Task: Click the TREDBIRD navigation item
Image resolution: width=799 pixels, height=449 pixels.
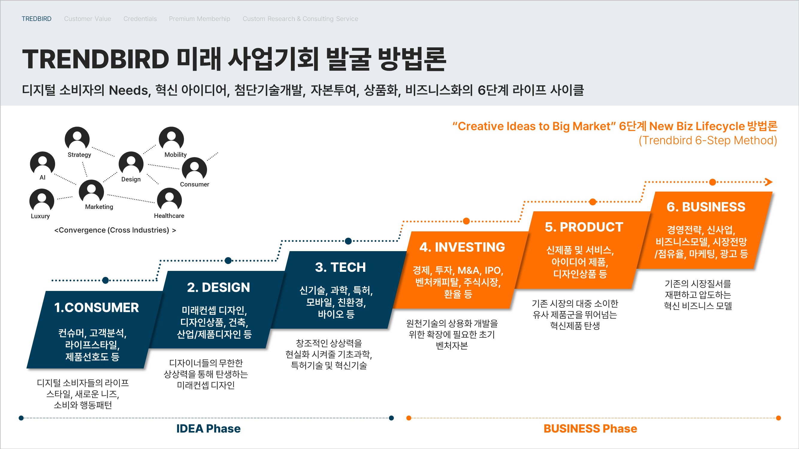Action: (37, 19)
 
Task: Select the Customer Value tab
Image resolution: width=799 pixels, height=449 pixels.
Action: (87, 19)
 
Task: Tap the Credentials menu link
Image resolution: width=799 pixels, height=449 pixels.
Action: (140, 19)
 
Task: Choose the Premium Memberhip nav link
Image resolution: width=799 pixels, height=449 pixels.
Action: (200, 19)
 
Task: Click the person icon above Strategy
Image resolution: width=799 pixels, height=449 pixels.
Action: (77, 139)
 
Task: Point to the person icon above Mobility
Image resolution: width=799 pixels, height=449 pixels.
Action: (171, 139)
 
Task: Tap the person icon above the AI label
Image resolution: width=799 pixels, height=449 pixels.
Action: (43, 163)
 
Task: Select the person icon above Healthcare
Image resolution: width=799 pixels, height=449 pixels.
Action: (169, 200)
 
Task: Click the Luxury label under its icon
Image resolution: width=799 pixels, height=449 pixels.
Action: (40, 216)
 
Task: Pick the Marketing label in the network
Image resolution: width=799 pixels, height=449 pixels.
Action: (99, 207)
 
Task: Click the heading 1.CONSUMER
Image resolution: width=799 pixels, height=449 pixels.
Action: (96, 307)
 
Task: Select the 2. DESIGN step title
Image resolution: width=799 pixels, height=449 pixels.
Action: (218, 287)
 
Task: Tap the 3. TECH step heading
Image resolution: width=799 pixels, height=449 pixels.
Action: (340, 267)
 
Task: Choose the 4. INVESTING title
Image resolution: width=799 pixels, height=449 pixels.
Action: (462, 247)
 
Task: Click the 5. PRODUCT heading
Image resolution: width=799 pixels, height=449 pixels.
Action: (584, 227)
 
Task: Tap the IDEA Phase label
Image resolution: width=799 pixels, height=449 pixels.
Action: (209, 429)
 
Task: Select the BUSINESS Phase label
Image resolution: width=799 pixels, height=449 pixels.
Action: (590, 429)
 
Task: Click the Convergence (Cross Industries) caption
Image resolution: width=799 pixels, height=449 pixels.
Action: (115, 230)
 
